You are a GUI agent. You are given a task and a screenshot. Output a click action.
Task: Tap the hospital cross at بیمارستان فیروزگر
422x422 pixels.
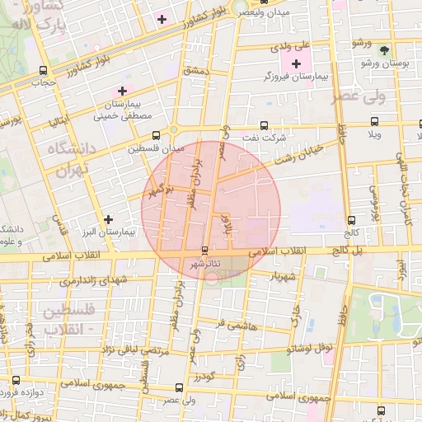point(296,63)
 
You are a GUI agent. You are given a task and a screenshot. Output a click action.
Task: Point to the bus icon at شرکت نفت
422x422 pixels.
point(264,126)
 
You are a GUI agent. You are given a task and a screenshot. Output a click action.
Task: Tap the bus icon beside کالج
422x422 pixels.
point(352,221)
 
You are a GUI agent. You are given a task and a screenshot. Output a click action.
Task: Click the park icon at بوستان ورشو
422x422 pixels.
point(381,49)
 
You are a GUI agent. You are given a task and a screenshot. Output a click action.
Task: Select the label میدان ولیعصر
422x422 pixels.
point(264,12)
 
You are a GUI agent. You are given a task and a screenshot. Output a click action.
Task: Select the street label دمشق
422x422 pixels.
point(199,73)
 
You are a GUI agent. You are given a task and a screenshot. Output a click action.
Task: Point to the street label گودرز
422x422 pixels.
point(204,377)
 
